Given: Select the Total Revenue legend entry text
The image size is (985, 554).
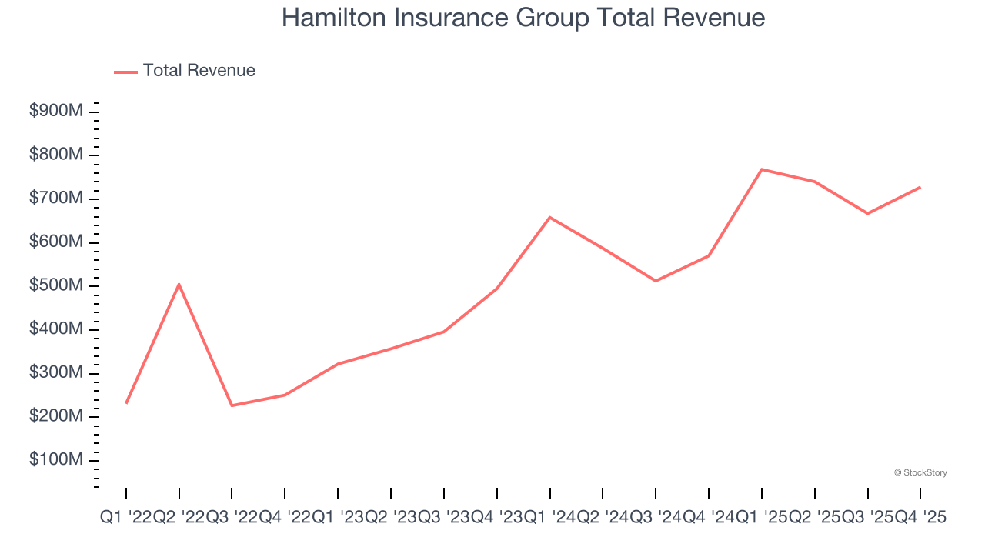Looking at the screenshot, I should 199,71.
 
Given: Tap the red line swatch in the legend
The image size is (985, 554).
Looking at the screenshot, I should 125,72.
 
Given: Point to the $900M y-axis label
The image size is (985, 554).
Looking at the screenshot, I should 55,112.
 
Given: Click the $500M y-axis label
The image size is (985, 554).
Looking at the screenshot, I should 55,286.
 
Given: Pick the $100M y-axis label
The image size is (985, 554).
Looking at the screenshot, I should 55,460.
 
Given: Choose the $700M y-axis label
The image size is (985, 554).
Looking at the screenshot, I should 55,199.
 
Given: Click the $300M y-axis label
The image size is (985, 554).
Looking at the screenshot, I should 55,373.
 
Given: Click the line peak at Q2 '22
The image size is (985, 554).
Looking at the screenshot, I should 179,285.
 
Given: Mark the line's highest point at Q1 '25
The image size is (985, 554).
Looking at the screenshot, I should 762,169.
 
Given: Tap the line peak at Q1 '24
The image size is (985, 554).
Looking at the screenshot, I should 549,217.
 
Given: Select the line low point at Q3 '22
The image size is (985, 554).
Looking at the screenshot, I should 232,405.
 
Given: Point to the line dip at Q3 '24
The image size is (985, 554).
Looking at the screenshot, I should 656,281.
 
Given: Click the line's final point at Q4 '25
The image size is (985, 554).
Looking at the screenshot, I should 920,187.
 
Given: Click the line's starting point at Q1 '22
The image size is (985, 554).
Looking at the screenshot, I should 126,402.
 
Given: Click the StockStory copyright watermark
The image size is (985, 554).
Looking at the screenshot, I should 920,472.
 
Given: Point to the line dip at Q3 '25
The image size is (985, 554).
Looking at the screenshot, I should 868,213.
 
